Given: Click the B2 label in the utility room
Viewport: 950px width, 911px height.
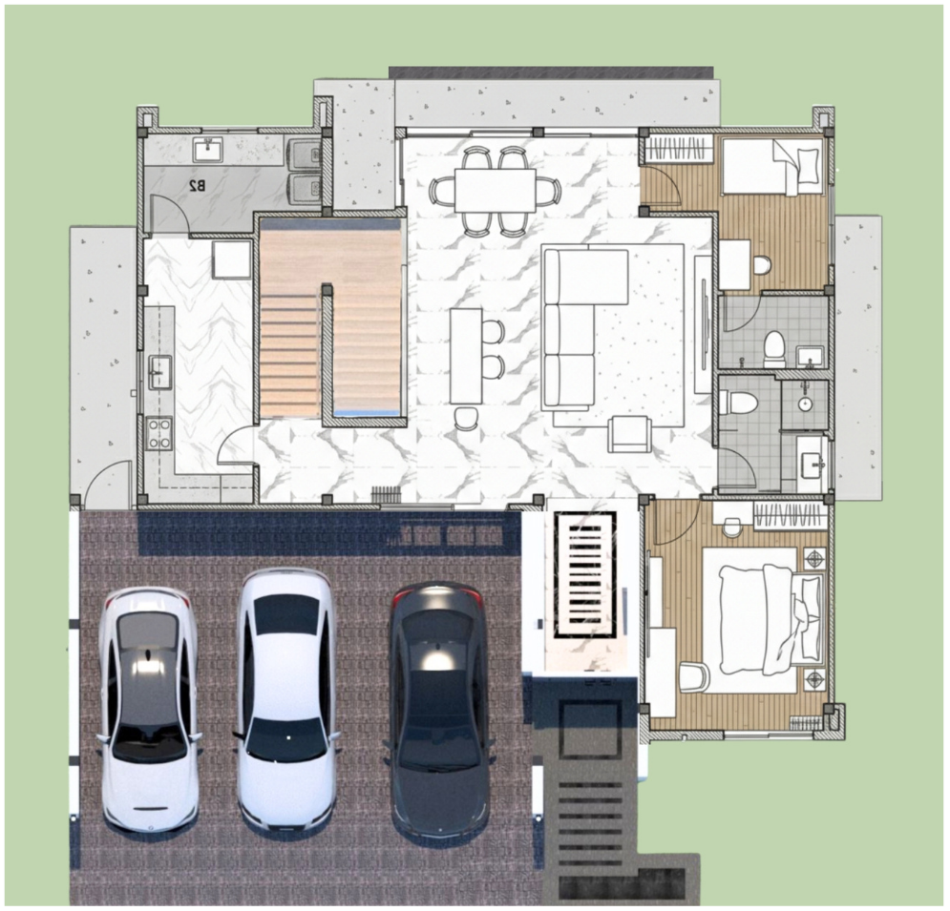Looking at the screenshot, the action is pyautogui.click(x=197, y=186).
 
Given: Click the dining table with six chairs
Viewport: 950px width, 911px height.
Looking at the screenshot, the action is pyautogui.click(x=495, y=190).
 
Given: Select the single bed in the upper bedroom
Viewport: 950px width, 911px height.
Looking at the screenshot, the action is pyautogui.click(x=772, y=165).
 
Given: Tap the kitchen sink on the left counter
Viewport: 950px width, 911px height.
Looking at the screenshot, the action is pyautogui.click(x=160, y=372).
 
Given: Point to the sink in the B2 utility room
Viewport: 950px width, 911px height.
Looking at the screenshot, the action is pyautogui.click(x=208, y=149).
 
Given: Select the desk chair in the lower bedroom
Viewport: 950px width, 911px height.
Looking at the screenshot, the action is pyautogui.click(x=695, y=676).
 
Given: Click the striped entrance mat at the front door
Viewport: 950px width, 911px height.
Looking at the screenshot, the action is pyautogui.click(x=586, y=574).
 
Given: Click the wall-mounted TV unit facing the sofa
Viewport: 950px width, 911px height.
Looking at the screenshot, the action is pyautogui.click(x=704, y=323).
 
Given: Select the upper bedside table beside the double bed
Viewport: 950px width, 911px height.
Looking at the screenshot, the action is pyautogui.click(x=814, y=558).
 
